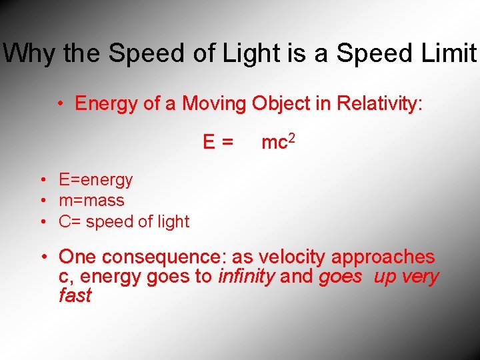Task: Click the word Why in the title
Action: [30, 53]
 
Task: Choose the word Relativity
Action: [379, 103]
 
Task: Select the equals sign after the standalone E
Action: [227, 142]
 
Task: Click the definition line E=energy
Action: [95, 180]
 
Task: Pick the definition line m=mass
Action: [91, 200]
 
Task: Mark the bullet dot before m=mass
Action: [41, 201]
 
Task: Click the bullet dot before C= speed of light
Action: [41, 222]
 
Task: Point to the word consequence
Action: [162, 257]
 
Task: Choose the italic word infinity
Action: [246, 277]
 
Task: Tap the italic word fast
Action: [75, 295]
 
